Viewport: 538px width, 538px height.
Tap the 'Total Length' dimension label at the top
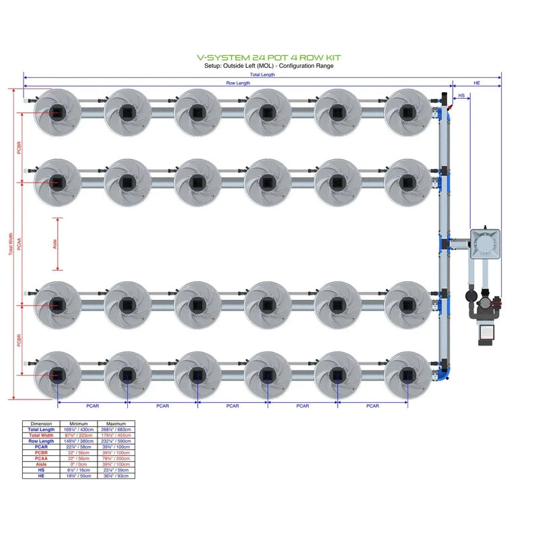(262, 75)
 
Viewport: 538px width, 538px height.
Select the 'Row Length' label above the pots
(237, 83)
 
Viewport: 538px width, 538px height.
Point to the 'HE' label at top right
(477, 83)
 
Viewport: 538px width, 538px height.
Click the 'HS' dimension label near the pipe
(461, 96)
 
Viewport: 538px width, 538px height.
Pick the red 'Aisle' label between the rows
(54, 243)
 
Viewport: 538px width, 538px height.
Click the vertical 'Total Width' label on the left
(11, 243)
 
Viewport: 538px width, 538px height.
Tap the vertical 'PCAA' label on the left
(20, 243)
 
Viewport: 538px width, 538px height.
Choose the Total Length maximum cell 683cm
(116, 429)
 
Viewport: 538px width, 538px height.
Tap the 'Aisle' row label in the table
(41, 464)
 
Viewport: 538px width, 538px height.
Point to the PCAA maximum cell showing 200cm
(116, 458)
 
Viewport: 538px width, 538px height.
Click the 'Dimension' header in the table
(41, 424)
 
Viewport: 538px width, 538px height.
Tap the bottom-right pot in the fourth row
(407, 375)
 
